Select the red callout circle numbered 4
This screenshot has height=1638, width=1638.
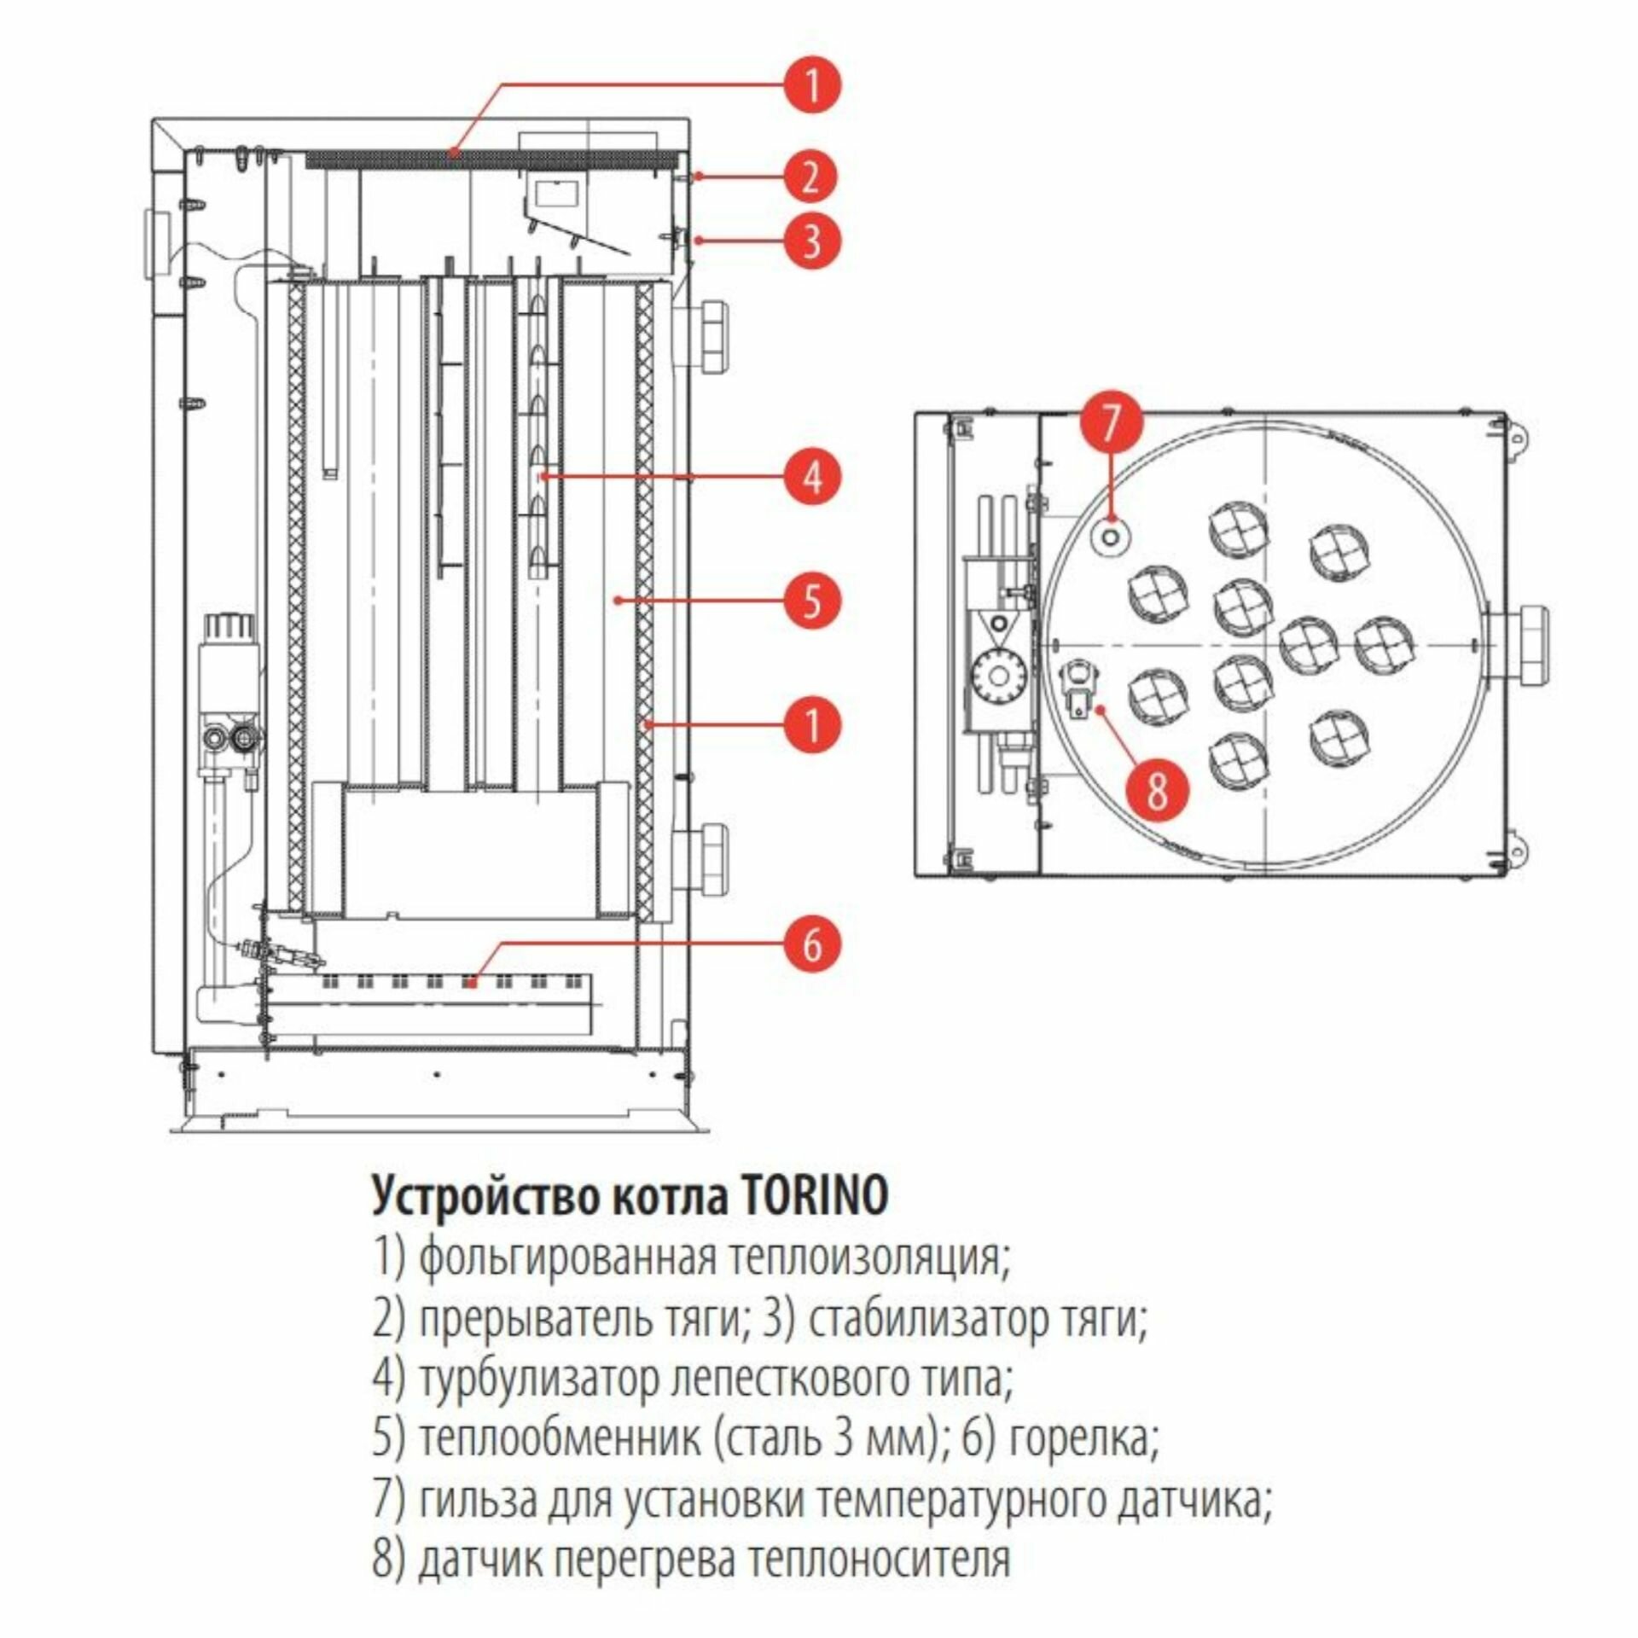tap(811, 476)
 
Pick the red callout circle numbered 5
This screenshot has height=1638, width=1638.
tap(811, 601)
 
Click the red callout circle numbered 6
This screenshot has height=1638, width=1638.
tap(811, 944)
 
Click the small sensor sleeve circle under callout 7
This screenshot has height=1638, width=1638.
tap(1111, 536)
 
